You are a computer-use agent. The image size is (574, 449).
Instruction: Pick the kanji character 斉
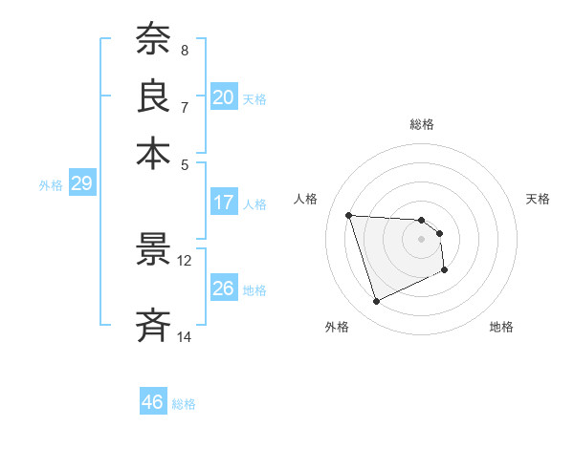click(x=153, y=325)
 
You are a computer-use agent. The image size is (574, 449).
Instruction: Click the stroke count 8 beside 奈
click(x=185, y=50)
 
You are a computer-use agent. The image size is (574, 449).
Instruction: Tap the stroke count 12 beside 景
click(x=185, y=260)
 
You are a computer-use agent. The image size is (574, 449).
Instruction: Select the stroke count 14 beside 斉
click(x=185, y=336)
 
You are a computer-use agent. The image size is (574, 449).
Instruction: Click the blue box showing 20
click(x=224, y=97)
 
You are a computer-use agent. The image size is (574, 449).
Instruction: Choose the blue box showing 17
click(x=224, y=203)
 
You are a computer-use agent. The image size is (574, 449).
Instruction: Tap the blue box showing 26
click(x=224, y=289)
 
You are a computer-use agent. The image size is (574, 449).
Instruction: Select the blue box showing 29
click(x=81, y=184)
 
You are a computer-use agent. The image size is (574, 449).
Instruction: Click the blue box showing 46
click(x=153, y=402)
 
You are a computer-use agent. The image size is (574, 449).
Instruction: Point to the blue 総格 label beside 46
click(x=184, y=404)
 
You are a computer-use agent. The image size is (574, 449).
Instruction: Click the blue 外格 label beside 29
click(x=50, y=185)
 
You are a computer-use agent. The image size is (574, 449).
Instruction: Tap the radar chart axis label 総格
click(x=422, y=124)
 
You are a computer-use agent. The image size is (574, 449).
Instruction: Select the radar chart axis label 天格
click(x=538, y=199)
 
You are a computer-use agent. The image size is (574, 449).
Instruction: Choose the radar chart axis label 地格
click(x=501, y=327)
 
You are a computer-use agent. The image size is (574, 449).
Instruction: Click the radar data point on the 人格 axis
click(x=349, y=215)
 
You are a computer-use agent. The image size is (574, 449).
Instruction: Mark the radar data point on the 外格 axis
click(x=376, y=302)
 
